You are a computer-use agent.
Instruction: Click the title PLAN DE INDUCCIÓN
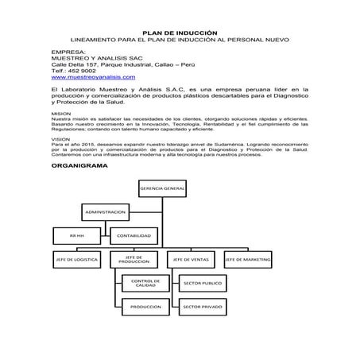coord(180,29)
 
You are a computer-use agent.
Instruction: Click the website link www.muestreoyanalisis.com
coord(92,78)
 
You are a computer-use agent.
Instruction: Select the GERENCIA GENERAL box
coord(162,188)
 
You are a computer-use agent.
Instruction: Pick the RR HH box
coord(76,235)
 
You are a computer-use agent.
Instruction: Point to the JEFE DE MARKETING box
coord(246,260)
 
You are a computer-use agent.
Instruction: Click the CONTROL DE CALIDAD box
coord(144,284)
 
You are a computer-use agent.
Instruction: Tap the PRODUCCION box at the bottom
coord(144,306)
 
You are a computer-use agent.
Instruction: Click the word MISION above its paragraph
coord(60,114)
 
